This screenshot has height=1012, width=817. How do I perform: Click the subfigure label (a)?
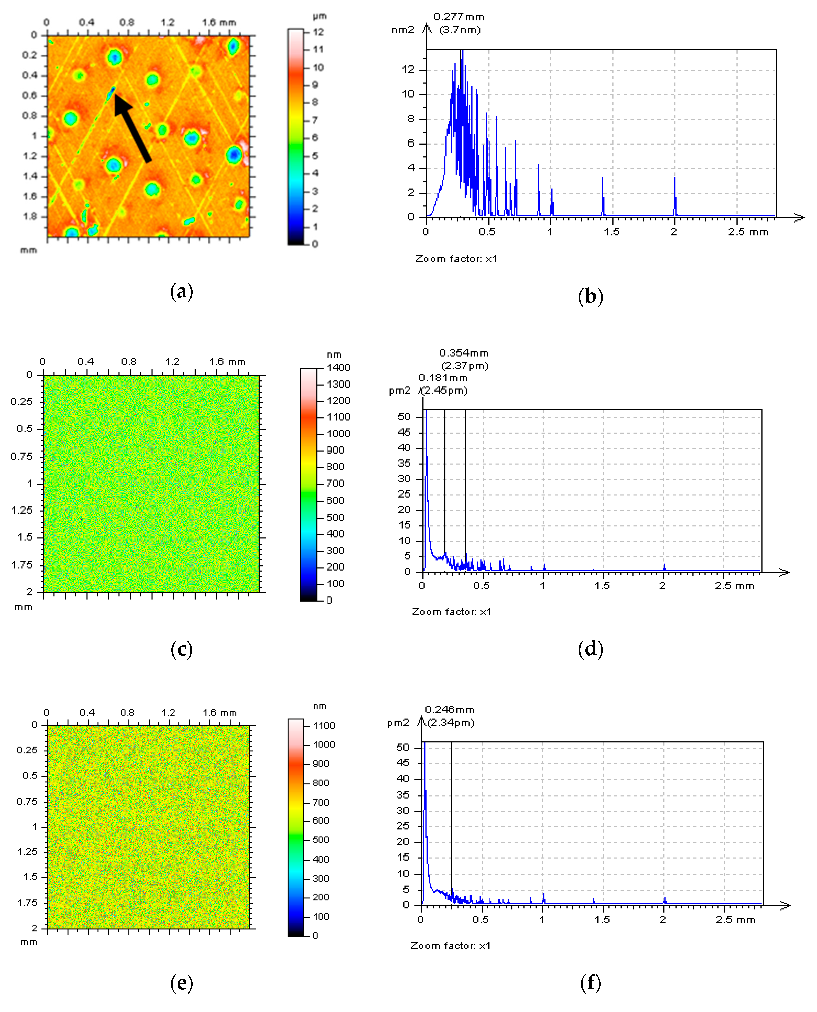[x=182, y=292]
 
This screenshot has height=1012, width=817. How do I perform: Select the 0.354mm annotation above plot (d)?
[x=464, y=353]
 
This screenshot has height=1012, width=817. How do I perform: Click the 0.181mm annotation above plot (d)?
[x=443, y=378]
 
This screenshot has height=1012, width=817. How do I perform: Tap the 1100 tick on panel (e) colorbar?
[x=324, y=726]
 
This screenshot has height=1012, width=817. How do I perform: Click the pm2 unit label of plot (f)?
[x=398, y=723]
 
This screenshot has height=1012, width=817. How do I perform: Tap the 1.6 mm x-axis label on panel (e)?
[x=219, y=712]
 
